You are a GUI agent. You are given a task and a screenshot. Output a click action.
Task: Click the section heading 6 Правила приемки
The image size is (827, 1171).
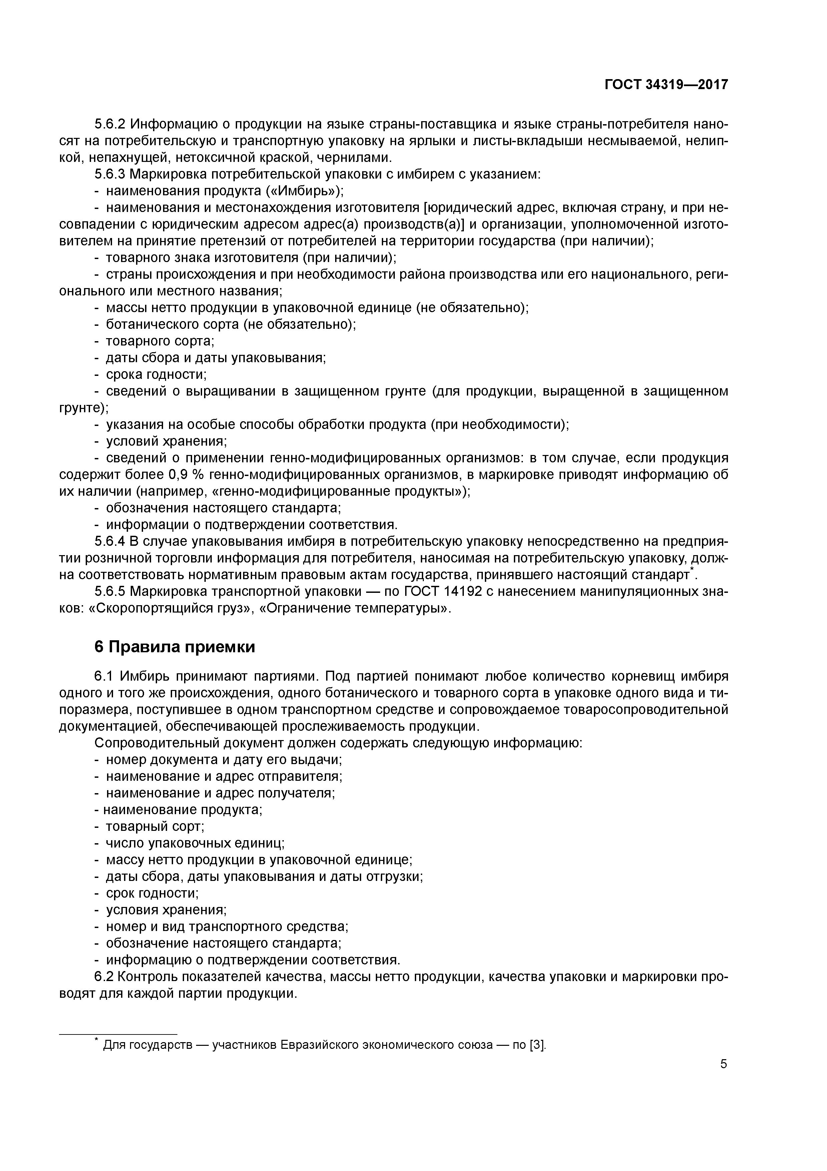[x=175, y=647]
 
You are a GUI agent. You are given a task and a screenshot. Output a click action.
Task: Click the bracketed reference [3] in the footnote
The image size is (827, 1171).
[x=538, y=1045]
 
